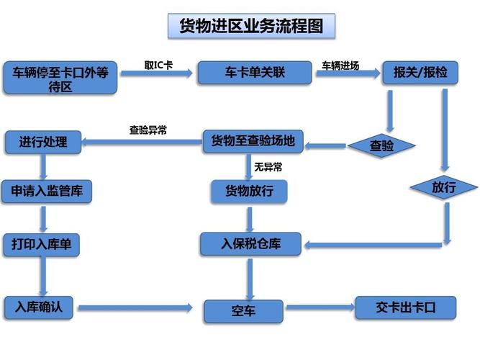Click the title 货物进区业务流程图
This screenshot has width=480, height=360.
(x=250, y=27)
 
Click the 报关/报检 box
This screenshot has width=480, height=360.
(x=420, y=72)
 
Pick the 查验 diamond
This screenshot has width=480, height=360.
(x=381, y=145)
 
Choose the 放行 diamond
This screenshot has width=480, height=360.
(x=443, y=187)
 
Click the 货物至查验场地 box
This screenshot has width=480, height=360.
(x=253, y=141)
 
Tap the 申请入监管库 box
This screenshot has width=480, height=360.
(x=47, y=192)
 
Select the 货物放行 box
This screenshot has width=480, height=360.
(x=248, y=191)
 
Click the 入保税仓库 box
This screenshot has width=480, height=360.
(x=250, y=244)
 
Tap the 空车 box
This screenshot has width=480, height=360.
(x=243, y=311)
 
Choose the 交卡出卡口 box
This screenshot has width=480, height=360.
(x=406, y=307)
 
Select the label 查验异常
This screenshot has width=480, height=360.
(x=148, y=130)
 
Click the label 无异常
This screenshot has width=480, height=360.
(x=268, y=167)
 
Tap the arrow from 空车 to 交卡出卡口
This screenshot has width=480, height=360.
(x=320, y=308)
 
